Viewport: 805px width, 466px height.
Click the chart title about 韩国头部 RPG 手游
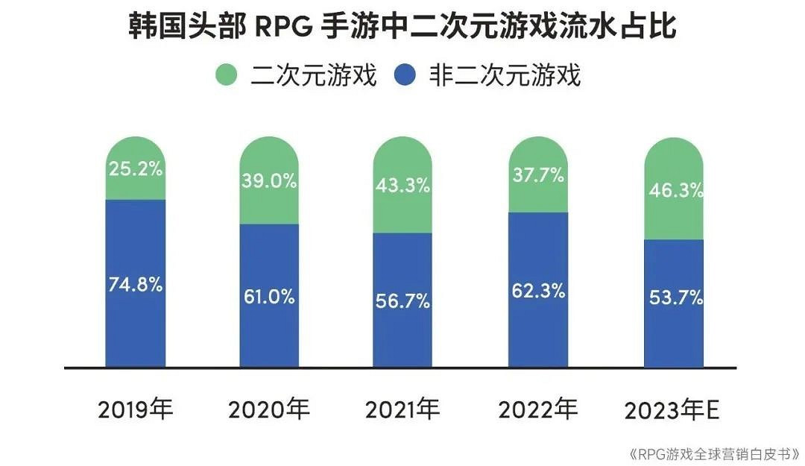(x=402, y=28)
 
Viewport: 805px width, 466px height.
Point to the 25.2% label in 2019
(x=134, y=169)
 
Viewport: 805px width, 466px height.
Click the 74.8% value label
(x=134, y=284)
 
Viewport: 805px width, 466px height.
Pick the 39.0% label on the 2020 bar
(x=268, y=180)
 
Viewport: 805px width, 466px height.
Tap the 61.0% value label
(x=268, y=296)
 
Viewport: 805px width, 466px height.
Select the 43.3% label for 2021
(x=402, y=185)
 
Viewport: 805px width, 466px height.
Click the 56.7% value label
(x=402, y=300)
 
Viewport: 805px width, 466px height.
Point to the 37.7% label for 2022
(x=538, y=175)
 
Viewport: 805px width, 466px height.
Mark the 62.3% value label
(x=538, y=291)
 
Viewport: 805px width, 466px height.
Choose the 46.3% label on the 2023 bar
(x=674, y=190)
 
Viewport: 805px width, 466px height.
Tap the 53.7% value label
(x=674, y=297)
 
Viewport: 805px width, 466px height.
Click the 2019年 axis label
(x=135, y=409)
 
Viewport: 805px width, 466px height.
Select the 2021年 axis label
(x=402, y=409)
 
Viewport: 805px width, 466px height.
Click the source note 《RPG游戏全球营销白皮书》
(x=713, y=453)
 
